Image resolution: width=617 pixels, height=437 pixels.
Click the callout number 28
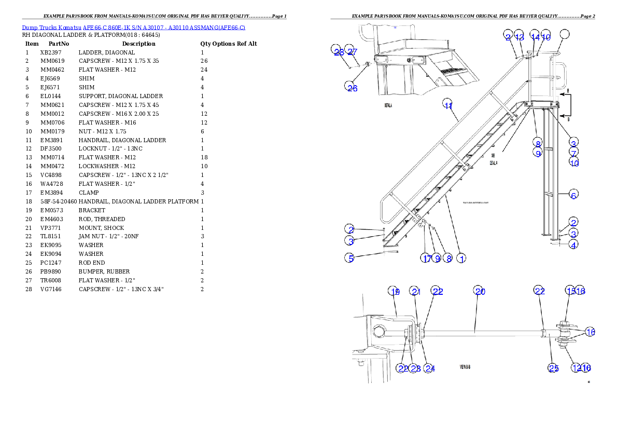coord(338,52)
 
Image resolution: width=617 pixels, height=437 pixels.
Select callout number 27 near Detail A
coord(352,52)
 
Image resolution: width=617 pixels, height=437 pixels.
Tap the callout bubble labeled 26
coord(352,88)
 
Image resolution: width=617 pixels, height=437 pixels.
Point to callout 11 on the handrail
coord(448,105)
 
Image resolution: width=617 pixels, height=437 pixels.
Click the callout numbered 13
coord(520,37)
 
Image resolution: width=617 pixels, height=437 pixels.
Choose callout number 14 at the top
coord(535,37)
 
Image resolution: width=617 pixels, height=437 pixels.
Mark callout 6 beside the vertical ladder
coord(573,195)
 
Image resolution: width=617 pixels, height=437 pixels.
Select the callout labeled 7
coord(573,153)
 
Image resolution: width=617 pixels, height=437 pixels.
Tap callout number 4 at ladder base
coord(573,245)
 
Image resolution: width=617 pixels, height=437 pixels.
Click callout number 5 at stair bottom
coord(351,257)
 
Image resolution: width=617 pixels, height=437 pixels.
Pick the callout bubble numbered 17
coord(426,258)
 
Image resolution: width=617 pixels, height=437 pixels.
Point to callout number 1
coord(461,258)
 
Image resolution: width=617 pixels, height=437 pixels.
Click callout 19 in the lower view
coord(395,292)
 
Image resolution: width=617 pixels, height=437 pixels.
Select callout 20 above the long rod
coord(480,292)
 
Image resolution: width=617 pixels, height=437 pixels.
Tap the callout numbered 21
coord(415,292)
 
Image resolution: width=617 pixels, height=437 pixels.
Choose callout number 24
coord(429,368)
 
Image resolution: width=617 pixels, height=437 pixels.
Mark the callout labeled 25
coord(553,368)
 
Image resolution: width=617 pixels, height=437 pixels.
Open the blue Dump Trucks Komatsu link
coord(133,27)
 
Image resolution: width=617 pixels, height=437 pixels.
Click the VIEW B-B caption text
coord(465,366)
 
